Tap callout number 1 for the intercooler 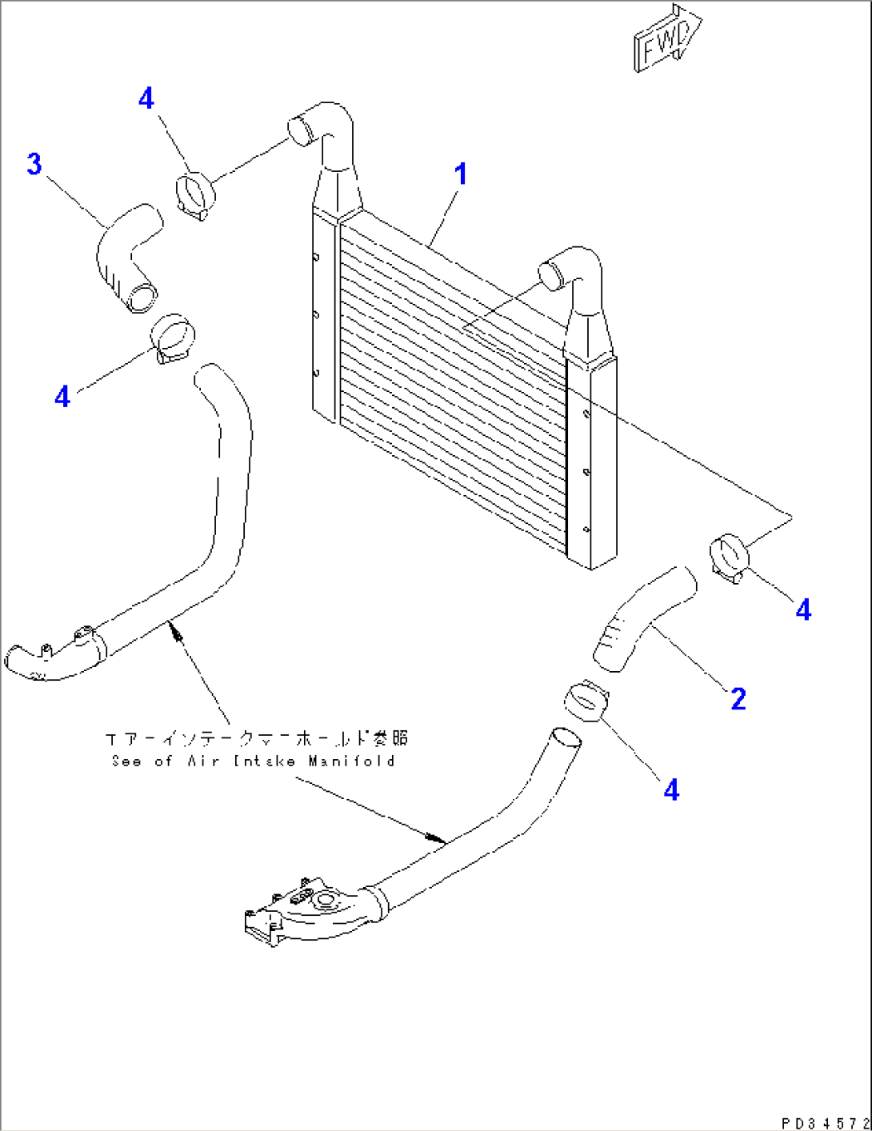[461, 174]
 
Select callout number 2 [738, 699]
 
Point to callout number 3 [34, 165]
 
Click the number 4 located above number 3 [146, 99]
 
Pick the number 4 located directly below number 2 [671, 790]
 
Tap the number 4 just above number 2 [803, 610]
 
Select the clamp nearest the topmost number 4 [195, 194]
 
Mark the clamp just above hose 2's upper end [728, 558]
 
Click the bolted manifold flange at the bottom [304, 912]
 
